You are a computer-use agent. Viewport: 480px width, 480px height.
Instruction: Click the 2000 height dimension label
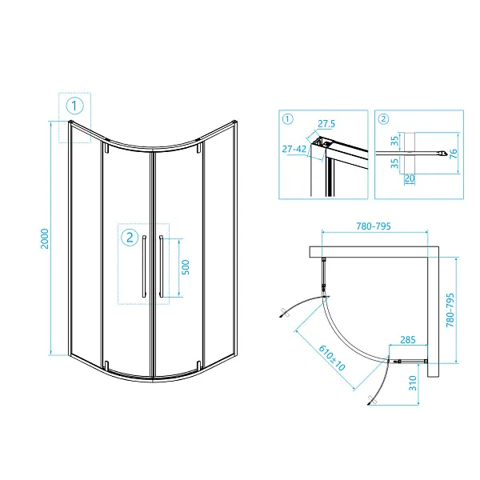pyautogui.click(x=45, y=238)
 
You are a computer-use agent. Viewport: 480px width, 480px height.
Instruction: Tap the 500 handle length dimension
pyautogui.click(x=186, y=267)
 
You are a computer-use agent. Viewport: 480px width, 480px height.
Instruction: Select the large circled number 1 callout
pyautogui.click(x=74, y=106)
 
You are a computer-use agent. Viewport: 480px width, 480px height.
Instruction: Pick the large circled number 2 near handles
pyautogui.click(x=130, y=238)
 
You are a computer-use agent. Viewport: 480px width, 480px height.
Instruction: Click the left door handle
pyautogui.click(x=144, y=266)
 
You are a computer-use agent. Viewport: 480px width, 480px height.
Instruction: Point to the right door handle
pyautogui.click(x=161, y=266)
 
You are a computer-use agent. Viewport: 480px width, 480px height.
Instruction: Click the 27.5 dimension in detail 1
pyautogui.click(x=326, y=124)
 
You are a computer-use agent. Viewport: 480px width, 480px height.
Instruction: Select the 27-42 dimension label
pyautogui.click(x=294, y=149)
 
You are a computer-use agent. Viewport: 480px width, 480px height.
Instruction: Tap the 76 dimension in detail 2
pyautogui.click(x=454, y=154)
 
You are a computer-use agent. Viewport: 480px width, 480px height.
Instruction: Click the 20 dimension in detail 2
pyautogui.click(x=410, y=178)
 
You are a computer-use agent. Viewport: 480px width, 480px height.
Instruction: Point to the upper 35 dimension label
pyautogui.click(x=395, y=141)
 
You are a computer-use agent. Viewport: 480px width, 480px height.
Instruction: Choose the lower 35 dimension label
pyautogui.click(x=395, y=163)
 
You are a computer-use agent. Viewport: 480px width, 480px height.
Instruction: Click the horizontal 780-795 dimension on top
pyautogui.click(x=374, y=226)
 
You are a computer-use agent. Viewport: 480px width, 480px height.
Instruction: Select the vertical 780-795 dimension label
pyautogui.click(x=450, y=310)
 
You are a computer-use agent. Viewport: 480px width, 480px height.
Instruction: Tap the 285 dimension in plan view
pyautogui.click(x=408, y=339)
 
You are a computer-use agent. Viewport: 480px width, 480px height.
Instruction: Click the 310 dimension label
pyautogui.click(x=413, y=383)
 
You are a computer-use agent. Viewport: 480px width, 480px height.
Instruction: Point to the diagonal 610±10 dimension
pyautogui.click(x=332, y=358)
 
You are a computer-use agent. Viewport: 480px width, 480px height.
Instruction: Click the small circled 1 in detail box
pyautogui.click(x=288, y=118)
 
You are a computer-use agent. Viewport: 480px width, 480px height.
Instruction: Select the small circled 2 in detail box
pyautogui.click(x=383, y=118)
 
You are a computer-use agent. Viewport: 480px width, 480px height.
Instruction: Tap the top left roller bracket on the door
pyautogui.click(x=106, y=147)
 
